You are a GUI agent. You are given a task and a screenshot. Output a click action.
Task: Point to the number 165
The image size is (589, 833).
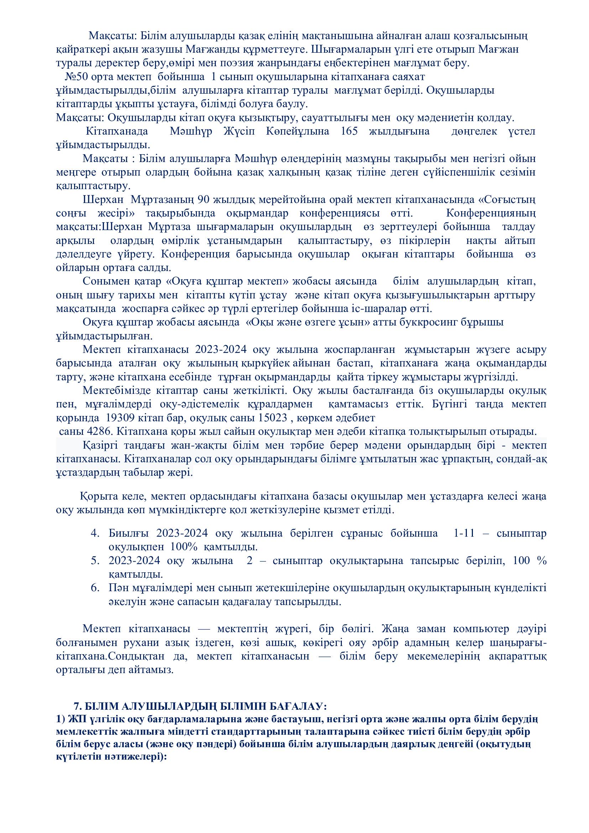pyautogui.click(x=349, y=131)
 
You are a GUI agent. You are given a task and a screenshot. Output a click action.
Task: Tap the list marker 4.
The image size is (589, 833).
pyautogui.click(x=95, y=533)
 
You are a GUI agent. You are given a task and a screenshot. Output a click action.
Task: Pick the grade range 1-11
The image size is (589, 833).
pyautogui.click(x=464, y=533)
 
